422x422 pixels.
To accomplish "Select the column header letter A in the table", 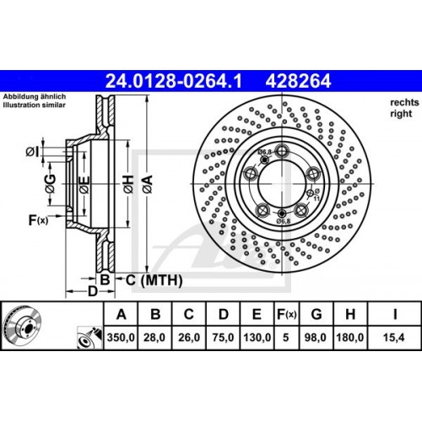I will (x=122, y=315).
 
